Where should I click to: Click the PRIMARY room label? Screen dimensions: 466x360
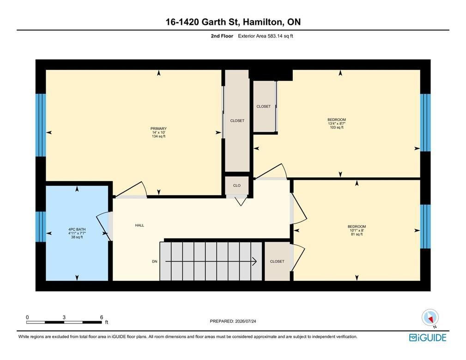coord(158,129)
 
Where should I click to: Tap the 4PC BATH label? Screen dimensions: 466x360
coord(77,230)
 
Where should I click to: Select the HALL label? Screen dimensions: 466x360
coord(139,226)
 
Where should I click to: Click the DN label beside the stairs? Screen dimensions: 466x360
coord(155,262)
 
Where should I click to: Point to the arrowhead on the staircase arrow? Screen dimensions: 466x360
coord(254,261)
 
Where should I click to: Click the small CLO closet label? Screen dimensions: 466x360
coord(237,185)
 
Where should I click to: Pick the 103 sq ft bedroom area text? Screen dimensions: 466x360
coord(337,127)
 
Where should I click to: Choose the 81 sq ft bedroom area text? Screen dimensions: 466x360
coord(357,234)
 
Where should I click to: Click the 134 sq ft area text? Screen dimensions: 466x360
coord(158,136)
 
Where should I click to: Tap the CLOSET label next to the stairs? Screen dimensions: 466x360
coord(277,262)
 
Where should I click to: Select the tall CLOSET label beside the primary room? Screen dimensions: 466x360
coord(237,121)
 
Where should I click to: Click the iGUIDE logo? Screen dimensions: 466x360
coord(428,338)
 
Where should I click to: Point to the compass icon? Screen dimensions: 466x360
coord(430,317)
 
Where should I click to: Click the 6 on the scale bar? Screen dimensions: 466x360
coord(101,317)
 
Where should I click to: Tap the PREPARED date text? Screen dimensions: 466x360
coord(233,321)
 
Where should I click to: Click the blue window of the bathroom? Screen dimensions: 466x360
coord(41,227)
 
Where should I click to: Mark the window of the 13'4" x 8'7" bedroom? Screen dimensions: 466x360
coord(425,123)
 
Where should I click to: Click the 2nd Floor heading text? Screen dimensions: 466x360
coord(222,36)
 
